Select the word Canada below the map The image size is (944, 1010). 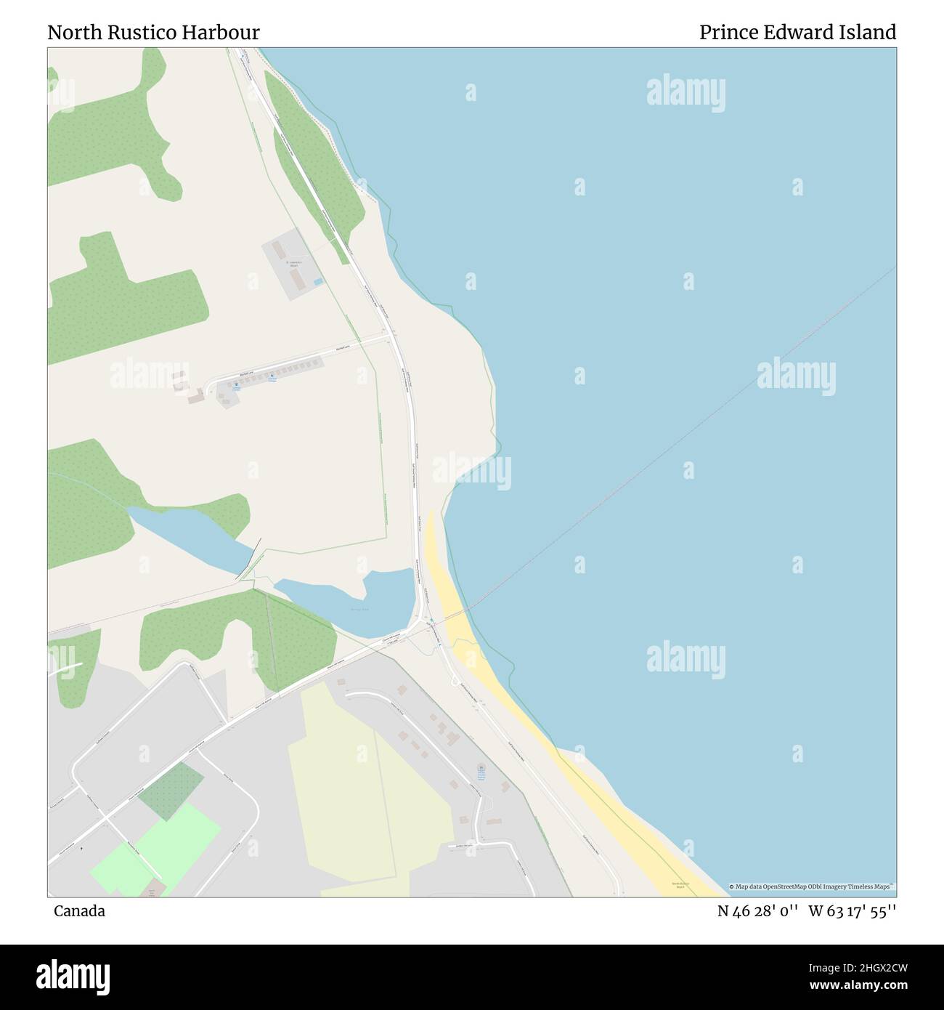(x=79, y=911)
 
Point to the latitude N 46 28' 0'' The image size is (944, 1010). (x=758, y=911)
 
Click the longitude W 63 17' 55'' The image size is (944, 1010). (x=852, y=911)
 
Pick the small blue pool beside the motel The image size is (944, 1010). (x=318, y=281)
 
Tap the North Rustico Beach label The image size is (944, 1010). (x=680, y=885)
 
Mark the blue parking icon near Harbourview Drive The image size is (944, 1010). (x=481, y=768)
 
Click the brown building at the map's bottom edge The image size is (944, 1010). (x=152, y=891)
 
